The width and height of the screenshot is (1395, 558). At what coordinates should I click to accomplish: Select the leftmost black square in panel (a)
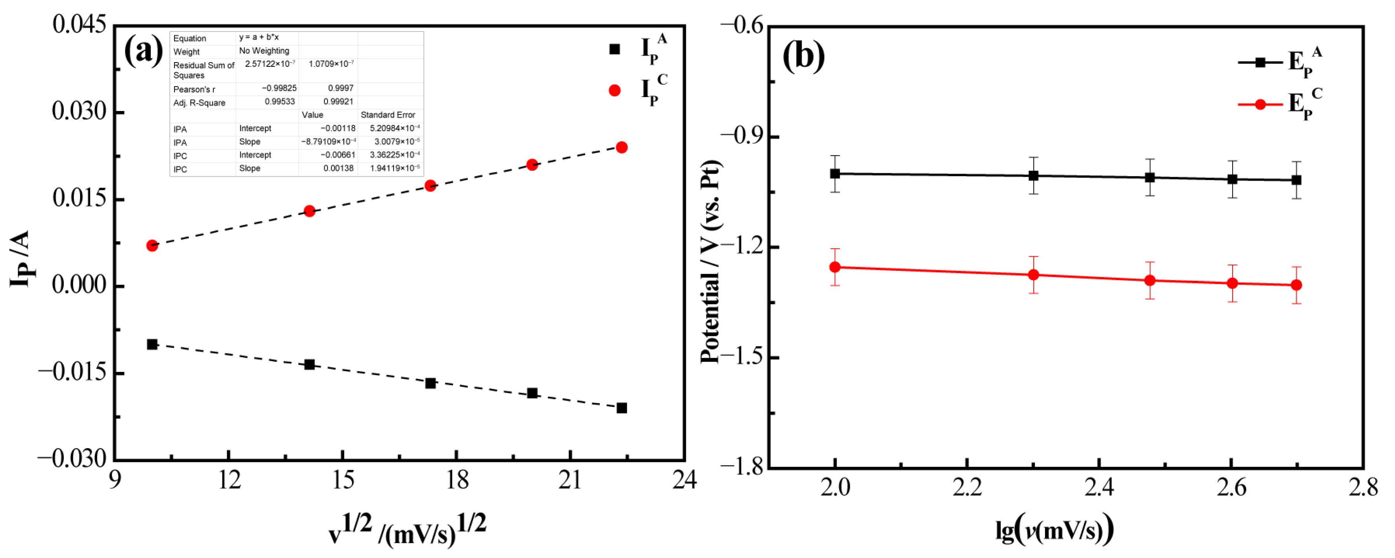coord(152,344)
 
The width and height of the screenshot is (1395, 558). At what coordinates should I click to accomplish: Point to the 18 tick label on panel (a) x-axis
coord(456,480)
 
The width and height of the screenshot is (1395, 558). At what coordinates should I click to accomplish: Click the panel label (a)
coord(143,51)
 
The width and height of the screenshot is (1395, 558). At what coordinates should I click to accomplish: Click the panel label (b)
coord(803,56)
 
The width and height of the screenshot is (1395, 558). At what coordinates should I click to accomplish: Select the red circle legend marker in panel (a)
coord(614,90)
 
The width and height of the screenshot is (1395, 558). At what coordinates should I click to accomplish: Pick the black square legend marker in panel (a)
coord(614,49)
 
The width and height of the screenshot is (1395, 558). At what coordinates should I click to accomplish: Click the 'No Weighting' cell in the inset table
coord(264,51)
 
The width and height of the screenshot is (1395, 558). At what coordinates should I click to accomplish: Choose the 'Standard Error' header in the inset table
coord(388,115)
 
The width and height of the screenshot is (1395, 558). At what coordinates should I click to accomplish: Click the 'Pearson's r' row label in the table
coord(194,89)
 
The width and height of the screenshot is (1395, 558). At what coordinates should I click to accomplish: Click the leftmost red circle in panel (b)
coord(835,267)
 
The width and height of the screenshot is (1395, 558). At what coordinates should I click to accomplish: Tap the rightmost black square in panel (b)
coord(1296,180)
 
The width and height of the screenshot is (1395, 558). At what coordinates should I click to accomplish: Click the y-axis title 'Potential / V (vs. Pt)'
coord(710,262)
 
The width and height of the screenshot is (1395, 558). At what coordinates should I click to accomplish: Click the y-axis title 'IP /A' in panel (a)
coord(21,259)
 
